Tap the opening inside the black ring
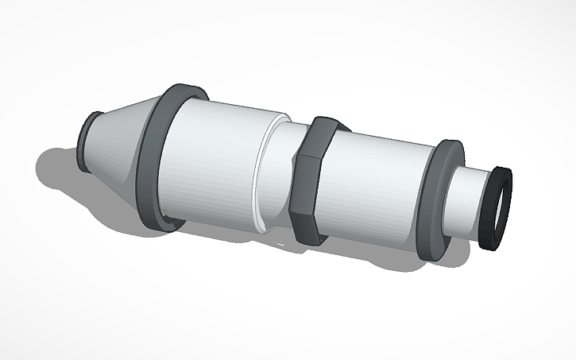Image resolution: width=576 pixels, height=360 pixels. click(498, 207)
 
